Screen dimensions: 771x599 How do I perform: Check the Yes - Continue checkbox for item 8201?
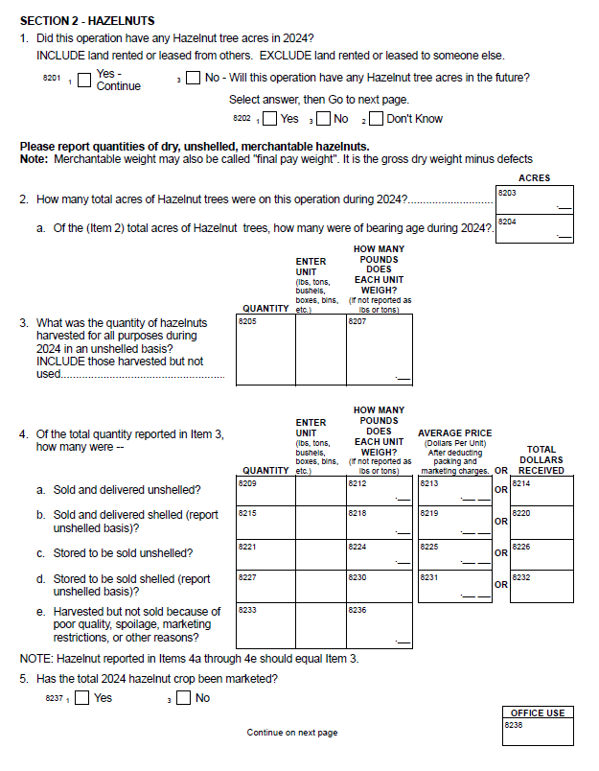84,80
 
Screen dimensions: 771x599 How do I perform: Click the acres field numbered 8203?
535,199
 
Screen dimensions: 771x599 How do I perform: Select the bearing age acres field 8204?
535,228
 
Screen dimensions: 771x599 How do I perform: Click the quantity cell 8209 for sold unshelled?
265,491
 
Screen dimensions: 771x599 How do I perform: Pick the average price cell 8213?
452,491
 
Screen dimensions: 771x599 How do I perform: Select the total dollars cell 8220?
541,522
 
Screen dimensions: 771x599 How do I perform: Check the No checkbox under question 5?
184,698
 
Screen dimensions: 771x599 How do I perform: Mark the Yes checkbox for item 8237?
83,698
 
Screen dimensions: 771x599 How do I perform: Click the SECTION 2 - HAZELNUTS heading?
87,20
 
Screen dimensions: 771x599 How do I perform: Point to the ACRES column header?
534,178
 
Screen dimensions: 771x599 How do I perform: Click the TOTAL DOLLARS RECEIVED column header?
541,459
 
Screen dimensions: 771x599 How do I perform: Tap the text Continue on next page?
292,733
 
